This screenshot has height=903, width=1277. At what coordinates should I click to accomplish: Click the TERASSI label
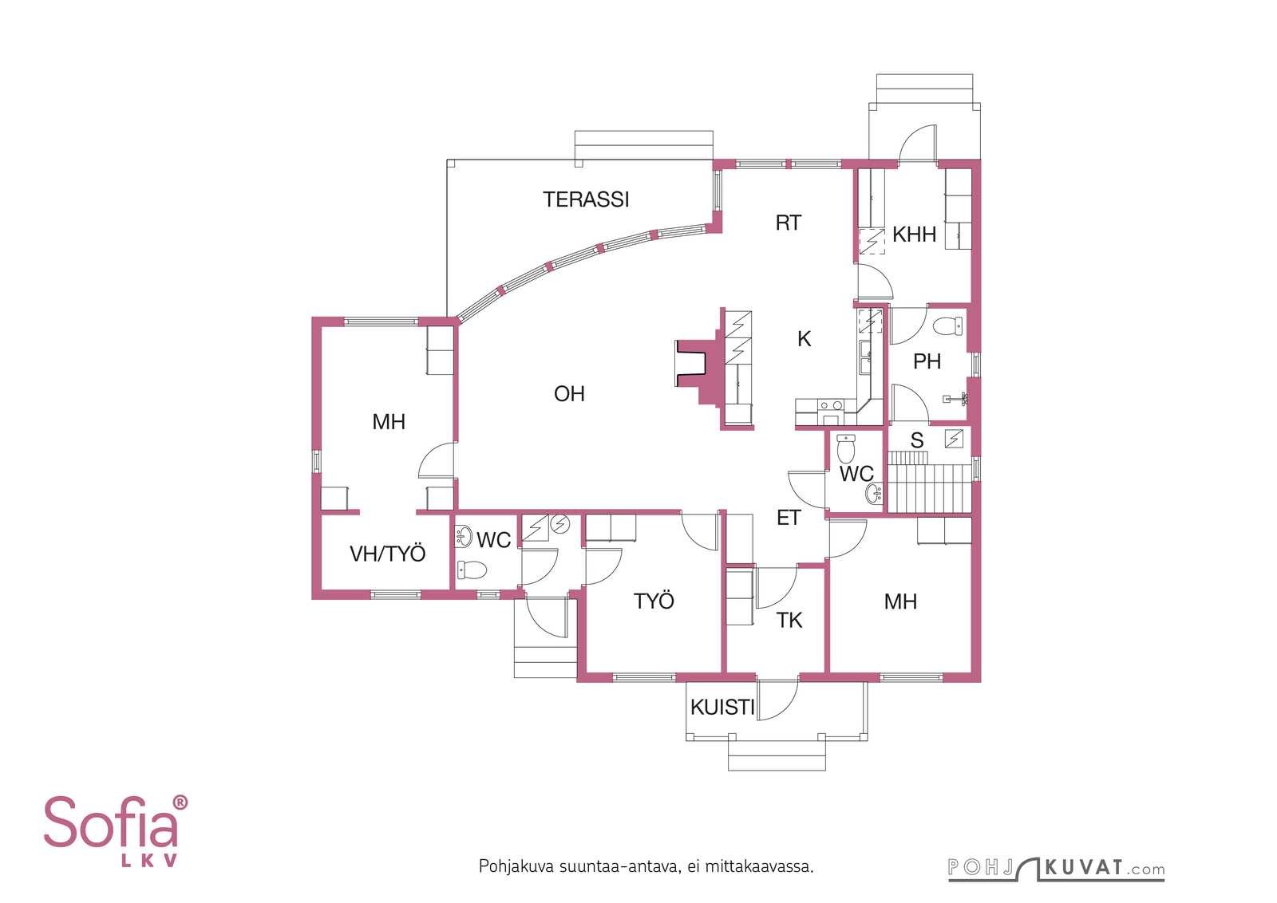(586, 199)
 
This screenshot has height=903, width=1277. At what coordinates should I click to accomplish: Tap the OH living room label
(569, 394)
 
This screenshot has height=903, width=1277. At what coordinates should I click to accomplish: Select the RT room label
(789, 223)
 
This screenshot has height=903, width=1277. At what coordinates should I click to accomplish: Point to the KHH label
(914, 235)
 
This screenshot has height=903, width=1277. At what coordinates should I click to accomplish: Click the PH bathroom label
(927, 361)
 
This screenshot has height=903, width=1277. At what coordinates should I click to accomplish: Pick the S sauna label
(917, 440)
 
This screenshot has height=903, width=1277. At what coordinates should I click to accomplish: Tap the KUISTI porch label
(722, 708)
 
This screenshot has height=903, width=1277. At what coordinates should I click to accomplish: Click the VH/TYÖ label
(388, 554)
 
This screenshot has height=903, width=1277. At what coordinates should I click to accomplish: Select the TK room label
(789, 621)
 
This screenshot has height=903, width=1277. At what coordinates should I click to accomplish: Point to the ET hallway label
(789, 518)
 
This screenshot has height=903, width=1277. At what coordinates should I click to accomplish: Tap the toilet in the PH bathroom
(947, 326)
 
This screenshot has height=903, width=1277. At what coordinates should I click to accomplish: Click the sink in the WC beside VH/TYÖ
(464, 536)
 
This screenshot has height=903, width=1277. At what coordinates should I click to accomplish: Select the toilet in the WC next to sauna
(846, 449)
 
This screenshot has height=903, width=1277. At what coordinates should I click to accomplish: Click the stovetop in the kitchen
(831, 406)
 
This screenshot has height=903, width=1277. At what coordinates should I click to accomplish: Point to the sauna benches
(929, 482)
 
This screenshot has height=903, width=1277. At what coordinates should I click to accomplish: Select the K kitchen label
(804, 339)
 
